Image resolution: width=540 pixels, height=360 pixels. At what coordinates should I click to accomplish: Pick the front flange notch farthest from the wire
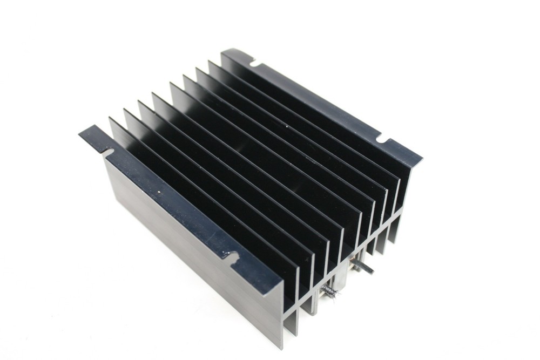click(x=106, y=152)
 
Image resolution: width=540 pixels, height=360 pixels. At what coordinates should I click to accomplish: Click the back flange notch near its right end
click(x=382, y=140)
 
